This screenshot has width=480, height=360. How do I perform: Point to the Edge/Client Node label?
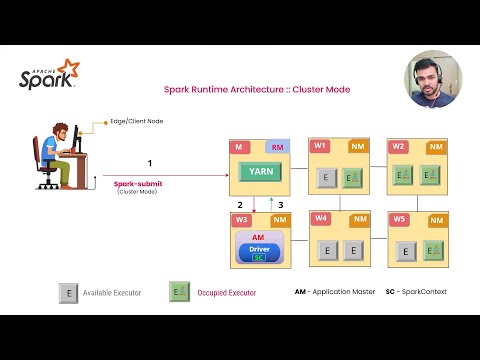(136, 121)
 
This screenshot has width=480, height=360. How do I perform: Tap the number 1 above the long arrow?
(149, 162)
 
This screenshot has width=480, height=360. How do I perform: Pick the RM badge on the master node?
(278, 147)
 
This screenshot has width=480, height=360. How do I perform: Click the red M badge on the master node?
(239, 147)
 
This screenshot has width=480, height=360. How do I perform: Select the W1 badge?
(319, 146)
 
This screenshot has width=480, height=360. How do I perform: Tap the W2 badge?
(398, 146)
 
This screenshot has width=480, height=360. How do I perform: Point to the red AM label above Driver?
(258, 237)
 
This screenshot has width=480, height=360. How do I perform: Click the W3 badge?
(241, 219)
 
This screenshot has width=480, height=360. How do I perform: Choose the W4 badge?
(320, 218)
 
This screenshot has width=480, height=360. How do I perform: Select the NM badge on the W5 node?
(436, 219)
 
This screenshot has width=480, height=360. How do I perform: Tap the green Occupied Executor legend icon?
(179, 292)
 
